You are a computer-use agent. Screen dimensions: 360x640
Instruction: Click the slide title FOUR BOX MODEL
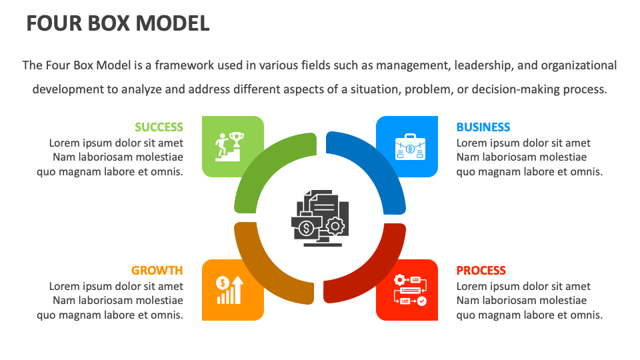[118, 23]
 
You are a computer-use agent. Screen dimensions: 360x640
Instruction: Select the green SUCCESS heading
[159, 127]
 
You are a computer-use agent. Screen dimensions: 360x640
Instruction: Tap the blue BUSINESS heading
[483, 127]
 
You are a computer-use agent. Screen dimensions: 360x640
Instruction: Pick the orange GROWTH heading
[157, 270]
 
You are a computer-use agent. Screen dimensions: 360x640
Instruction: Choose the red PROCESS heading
[481, 270]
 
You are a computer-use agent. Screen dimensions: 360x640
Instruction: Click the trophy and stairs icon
[229, 147]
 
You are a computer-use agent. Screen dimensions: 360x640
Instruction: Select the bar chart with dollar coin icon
[229, 290]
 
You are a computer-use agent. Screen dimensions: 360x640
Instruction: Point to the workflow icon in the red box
[410, 290]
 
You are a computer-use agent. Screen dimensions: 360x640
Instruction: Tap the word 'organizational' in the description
[579, 65]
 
